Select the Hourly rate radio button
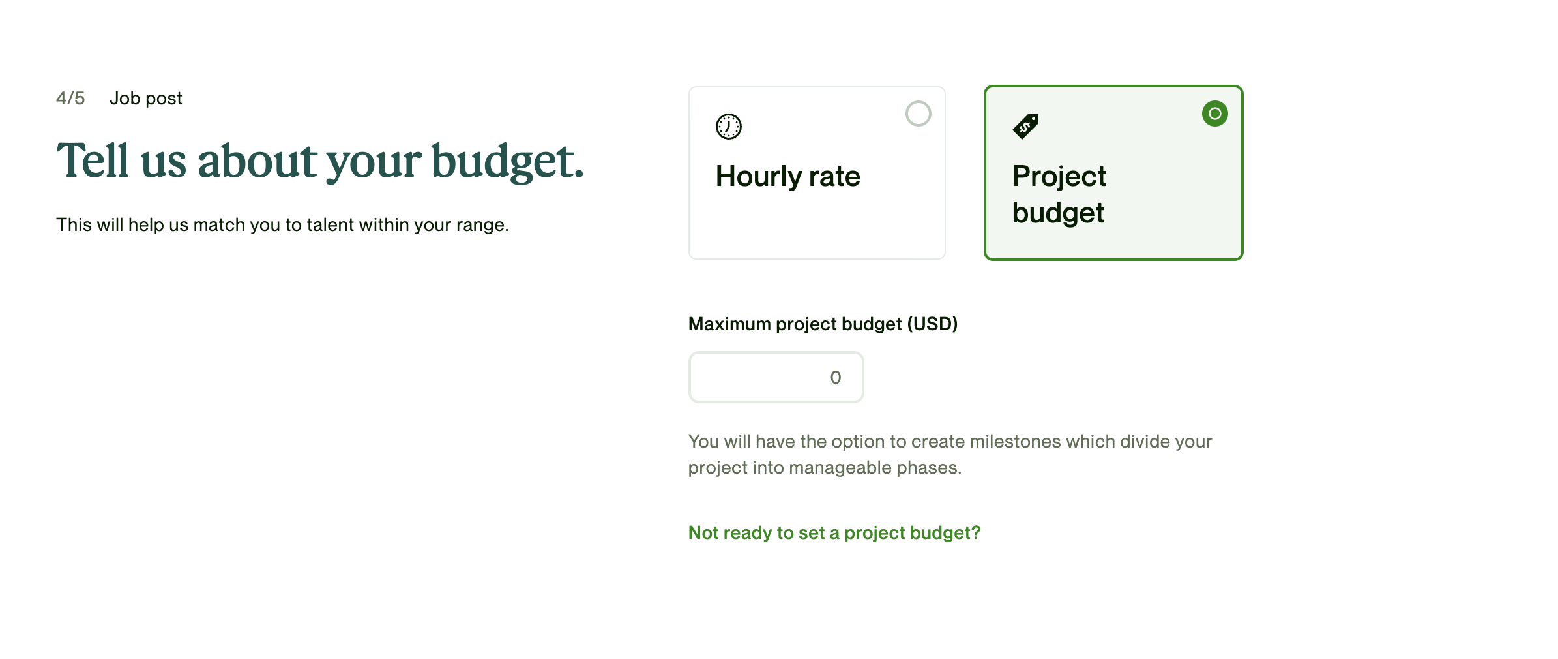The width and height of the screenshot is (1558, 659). pos(918,114)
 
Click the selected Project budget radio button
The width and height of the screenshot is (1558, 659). pos(1214,114)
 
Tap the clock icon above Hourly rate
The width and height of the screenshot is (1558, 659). pos(728,127)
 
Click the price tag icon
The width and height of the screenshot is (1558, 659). pos(1025,126)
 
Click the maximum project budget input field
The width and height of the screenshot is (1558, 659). pos(776,377)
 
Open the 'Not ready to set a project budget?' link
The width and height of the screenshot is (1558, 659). pos(834,533)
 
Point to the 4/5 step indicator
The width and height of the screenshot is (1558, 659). pos(70,98)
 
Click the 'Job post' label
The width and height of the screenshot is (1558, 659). pos(146,99)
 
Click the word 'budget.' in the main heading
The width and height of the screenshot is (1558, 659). pos(508,161)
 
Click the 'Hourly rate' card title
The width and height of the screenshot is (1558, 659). pos(787,176)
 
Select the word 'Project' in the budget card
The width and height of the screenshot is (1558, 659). pos(1059,177)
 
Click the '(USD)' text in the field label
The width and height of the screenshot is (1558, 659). pos(933,324)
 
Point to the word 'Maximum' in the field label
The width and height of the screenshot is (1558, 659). pos(729,324)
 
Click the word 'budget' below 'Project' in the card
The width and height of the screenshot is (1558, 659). pos(1058,213)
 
